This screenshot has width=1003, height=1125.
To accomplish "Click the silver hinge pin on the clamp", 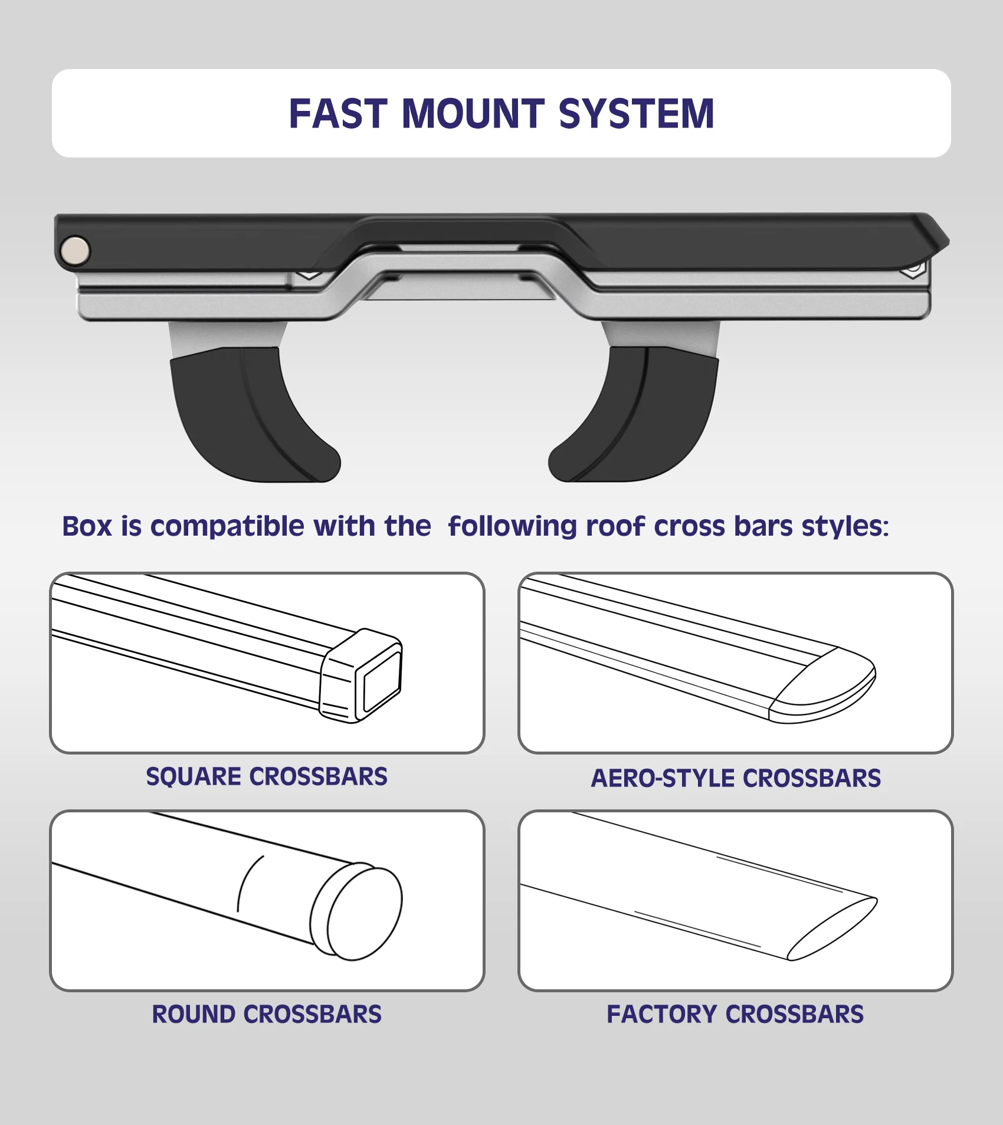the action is pos(76,250).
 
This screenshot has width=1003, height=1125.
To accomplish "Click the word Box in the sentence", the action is pos(87,526).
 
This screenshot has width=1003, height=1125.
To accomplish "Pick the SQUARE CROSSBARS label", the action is pos(267,777).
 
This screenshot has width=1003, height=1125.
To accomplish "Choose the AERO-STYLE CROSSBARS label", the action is pos(736,779).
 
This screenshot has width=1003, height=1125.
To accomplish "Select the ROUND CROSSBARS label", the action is pos(267,1015).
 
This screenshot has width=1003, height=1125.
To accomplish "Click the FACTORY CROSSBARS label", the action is pos(735,1015).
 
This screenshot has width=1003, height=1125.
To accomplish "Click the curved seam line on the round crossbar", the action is pos(244,882).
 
